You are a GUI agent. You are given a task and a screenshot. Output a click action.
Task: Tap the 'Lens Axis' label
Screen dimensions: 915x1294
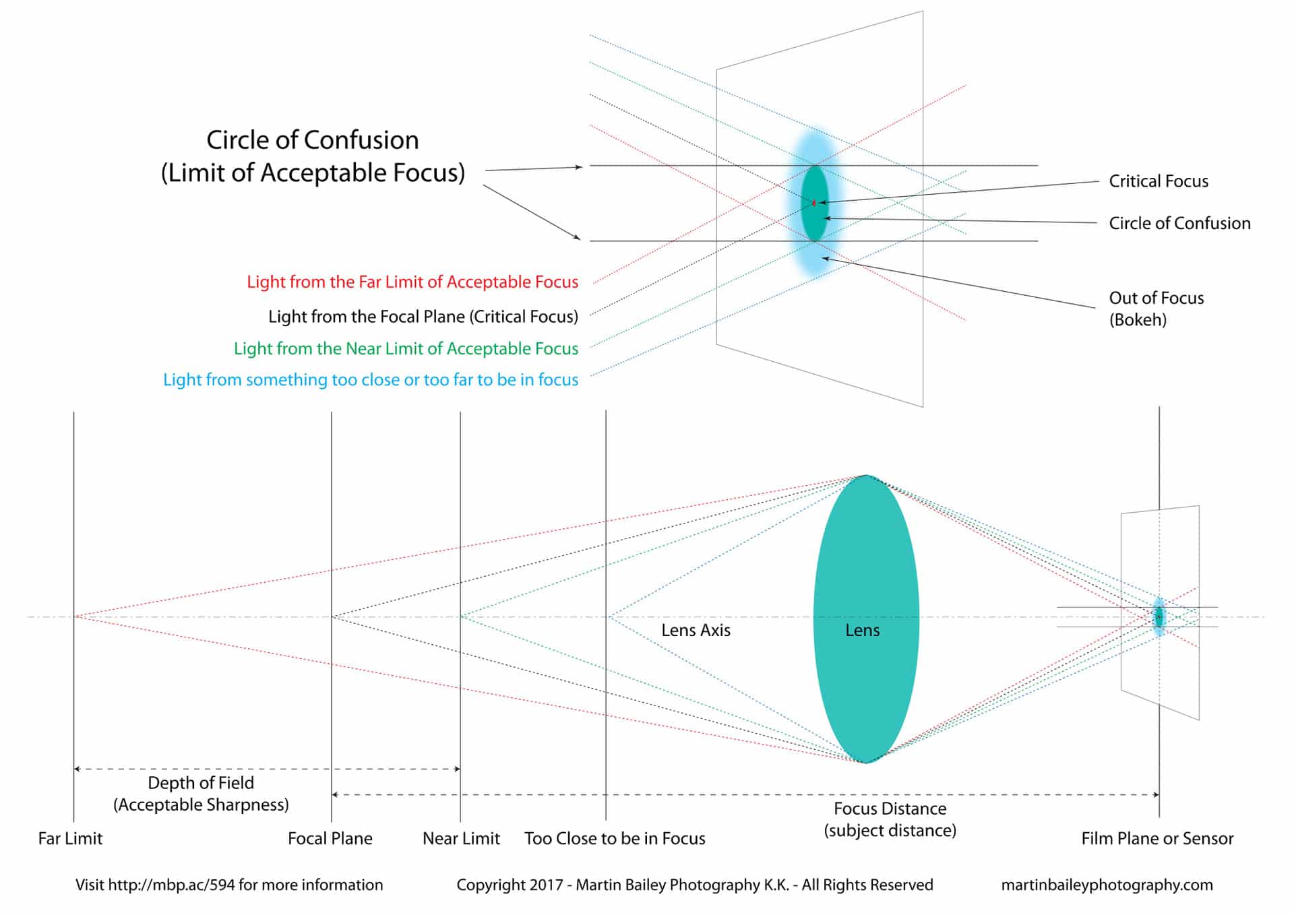[696, 630]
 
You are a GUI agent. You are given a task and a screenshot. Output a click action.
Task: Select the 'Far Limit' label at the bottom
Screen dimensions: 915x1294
[70, 838]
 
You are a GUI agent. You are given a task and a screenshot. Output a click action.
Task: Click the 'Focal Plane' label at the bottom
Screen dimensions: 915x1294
[330, 838]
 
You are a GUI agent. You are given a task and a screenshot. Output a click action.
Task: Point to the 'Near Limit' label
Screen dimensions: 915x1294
[461, 838]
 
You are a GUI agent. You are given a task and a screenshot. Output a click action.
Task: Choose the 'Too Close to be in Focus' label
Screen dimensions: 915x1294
[615, 838]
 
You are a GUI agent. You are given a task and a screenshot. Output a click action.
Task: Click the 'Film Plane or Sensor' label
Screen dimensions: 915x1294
[1157, 838]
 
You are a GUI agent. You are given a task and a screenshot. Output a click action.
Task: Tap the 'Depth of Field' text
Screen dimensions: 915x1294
[201, 783]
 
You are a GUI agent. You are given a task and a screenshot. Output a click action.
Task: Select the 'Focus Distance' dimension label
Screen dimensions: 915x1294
[890, 809]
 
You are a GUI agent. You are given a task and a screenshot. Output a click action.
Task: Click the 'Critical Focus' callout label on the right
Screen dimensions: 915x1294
[1159, 181]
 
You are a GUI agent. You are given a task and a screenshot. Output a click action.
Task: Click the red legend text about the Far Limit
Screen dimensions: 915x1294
[412, 282]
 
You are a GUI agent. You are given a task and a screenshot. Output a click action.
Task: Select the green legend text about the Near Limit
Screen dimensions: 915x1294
[406, 348]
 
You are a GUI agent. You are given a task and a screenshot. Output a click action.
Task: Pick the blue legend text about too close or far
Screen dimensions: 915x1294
[371, 379]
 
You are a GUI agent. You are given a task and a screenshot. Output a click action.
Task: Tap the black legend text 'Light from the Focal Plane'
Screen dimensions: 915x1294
[423, 316]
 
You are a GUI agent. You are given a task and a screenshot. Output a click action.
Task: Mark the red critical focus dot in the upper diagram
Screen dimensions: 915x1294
[814, 202]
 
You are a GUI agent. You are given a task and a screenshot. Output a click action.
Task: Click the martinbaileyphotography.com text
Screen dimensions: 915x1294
[1107, 885]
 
